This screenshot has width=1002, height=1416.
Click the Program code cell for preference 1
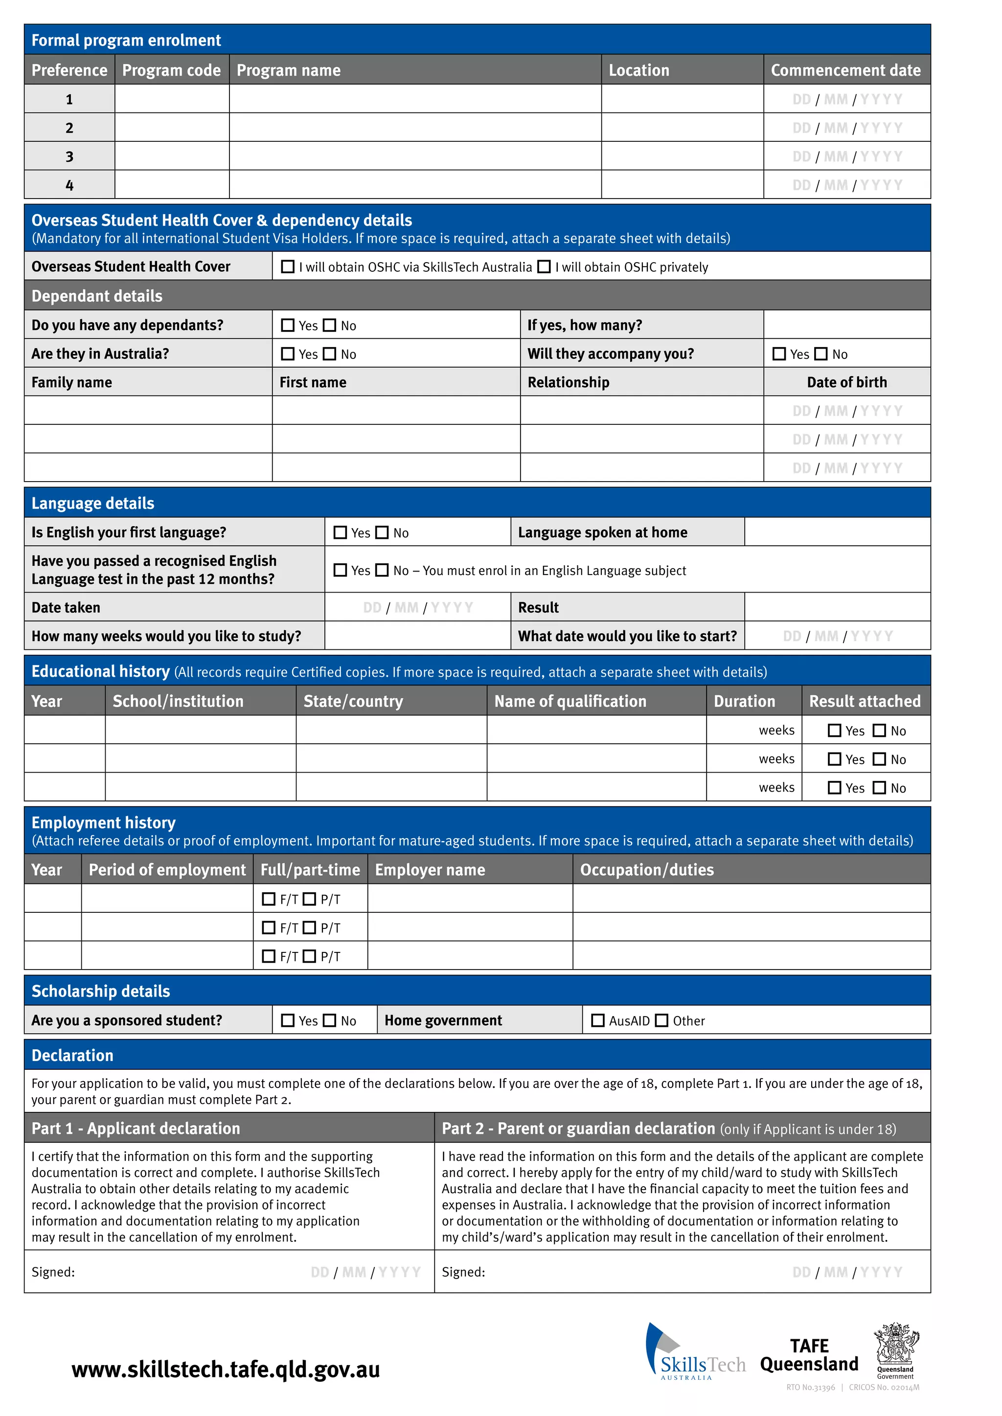pos(172,99)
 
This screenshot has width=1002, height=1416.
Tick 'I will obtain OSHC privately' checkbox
pos(544,266)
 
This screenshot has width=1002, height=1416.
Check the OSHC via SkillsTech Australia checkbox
pos(288,266)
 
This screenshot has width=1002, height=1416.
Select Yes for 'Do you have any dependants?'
pos(288,325)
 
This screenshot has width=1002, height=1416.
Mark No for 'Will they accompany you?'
pos(820,354)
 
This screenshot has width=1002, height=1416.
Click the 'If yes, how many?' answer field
pos(846,324)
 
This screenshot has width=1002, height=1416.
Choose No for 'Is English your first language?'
pos(382,532)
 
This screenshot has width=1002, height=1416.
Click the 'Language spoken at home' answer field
pos(837,531)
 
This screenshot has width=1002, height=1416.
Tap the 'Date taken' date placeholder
pos(418,607)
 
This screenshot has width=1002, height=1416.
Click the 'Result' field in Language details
pos(837,607)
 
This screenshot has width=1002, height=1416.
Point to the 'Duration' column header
pos(744,701)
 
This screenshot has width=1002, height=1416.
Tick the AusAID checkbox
pos(597,1020)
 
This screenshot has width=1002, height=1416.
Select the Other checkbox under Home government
pos(661,1020)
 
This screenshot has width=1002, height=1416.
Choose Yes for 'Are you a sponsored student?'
pos(288,1020)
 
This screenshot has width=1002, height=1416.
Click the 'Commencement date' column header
pos(845,70)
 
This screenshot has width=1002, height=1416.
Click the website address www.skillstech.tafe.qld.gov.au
pos(226,1369)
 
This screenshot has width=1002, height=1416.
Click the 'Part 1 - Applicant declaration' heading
pos(136,1128)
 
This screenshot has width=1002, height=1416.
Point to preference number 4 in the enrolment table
pos(69,185)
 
